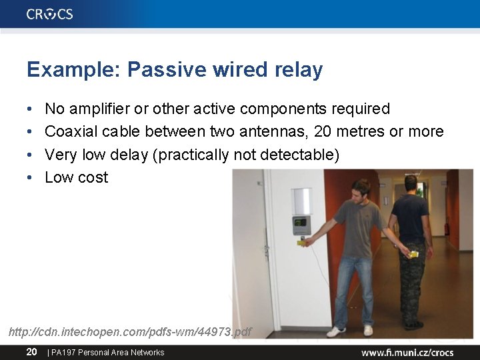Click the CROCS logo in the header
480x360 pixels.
tap(50, 14)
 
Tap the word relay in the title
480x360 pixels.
tap(298, 69)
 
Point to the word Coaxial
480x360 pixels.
tap(70, 131)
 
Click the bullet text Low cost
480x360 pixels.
tap(76, 177)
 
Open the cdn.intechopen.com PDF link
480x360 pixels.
tap(130, 331)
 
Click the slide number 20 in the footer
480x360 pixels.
tap(31, 352)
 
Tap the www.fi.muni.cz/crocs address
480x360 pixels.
tap(407, 353)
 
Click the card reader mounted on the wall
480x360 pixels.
tap(301, 223)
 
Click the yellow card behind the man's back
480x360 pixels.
tap(413, 254)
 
